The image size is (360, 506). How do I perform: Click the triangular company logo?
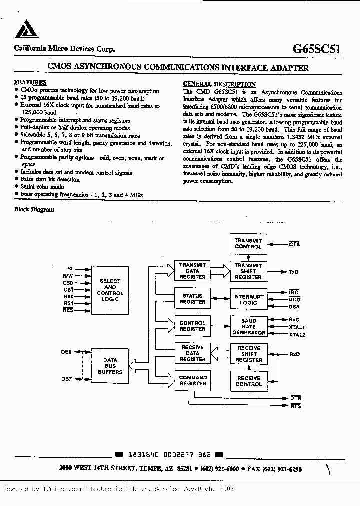26,31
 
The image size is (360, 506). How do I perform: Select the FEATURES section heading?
30,82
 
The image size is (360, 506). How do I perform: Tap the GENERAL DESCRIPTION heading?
219,84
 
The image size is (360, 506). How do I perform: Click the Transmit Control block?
248,244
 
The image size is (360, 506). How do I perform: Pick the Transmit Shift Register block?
248,271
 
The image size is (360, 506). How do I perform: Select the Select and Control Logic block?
110,290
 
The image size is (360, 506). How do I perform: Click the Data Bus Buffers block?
110,366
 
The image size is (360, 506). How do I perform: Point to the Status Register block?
192,299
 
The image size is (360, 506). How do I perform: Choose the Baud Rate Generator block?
248,326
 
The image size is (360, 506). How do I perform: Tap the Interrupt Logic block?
248,299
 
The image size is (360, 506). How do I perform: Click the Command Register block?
192,380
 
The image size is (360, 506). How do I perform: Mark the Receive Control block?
248,381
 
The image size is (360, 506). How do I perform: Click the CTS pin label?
294,244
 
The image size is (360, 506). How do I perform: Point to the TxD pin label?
294,272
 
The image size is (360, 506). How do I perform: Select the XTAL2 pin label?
297,334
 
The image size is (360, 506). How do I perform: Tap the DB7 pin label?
67,379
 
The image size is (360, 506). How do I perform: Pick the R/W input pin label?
68,275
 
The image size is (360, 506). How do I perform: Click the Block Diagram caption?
34,210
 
